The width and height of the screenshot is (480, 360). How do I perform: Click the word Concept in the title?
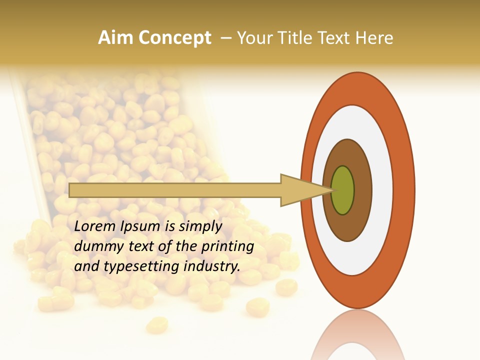tap(175, 38)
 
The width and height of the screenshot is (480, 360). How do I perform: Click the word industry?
tap(212, 266)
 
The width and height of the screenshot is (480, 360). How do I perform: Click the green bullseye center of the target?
tap(343, 190)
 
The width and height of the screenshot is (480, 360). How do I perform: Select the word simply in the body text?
tap(199, 226)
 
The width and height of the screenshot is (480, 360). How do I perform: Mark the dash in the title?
tap(226, 38)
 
